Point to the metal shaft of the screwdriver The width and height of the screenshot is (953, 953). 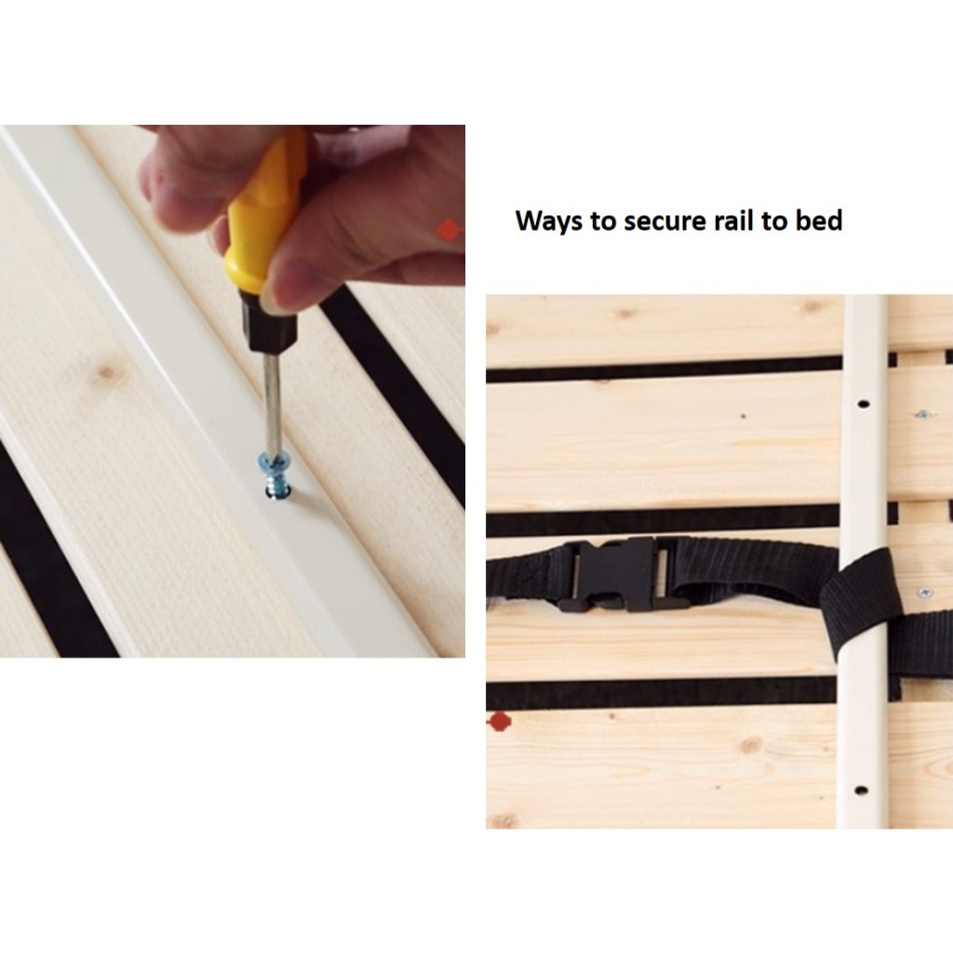[272, 402]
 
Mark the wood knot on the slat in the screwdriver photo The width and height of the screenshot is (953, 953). [107, 372]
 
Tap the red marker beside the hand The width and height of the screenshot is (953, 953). [450, 230]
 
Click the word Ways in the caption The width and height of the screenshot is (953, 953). [548, 221]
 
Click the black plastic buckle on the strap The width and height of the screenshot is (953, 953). [619, 575]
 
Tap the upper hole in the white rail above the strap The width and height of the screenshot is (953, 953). [863, 404]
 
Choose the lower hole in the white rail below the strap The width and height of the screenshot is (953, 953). [861, 791]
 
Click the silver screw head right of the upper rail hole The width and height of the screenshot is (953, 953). [923, 415]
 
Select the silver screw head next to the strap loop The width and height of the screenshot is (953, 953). [924, 590]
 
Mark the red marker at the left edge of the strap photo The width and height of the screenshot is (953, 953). [500, 721]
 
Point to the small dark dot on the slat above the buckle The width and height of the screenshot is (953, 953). [744, 416]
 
